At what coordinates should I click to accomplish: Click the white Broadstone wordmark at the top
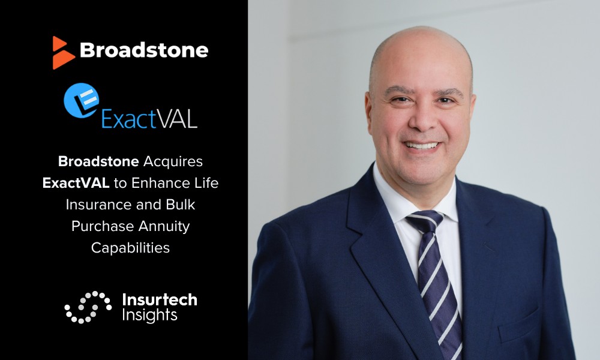(x=144, y=50)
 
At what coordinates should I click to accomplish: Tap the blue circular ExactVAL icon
(x=82, y=100)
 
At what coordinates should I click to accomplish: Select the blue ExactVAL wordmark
(x=149, y=119)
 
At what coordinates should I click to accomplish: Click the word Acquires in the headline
(x=173, y=161)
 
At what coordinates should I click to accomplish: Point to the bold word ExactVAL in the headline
(x=76, y=183)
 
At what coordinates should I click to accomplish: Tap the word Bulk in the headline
(x=181, y=205)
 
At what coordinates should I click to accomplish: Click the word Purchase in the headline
(x=103, y=226)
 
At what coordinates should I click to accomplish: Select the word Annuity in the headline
(x=164, y=226)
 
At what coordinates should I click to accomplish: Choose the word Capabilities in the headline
(x=130, y=248)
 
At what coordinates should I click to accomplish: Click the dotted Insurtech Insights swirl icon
(x=88, y=307)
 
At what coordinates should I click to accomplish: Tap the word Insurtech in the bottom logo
(x=160, y=300)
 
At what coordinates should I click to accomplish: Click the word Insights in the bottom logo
(x=149, y=315)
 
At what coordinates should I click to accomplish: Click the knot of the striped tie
(x=425, y=220)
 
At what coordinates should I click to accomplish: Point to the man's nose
(x=422, y=119)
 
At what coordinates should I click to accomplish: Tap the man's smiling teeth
(x=422, y=145)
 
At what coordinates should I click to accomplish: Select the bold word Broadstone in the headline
(x=98, y=161)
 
